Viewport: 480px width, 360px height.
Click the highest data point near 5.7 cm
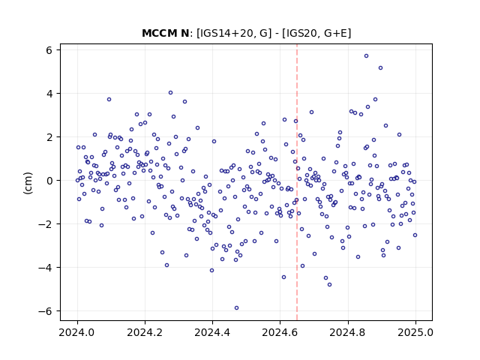coord(366,56)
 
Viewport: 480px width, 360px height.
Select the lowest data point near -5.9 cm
coord(236,308)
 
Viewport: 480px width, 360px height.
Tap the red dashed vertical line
coord(297,182)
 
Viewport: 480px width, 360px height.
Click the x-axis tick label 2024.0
coord(77,332)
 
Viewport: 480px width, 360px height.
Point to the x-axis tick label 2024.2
coord(145,332)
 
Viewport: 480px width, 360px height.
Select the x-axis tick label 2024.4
coord(212,332)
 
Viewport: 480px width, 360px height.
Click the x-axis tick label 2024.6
coord(280,332)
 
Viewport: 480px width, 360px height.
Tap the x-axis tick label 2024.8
coord(348,332)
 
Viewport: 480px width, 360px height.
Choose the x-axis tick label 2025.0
coord(415,332)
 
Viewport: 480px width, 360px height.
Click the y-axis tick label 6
coord(49,50)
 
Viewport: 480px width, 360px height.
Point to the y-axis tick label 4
coord(49,93)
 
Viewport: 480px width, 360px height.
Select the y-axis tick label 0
coord(49,181)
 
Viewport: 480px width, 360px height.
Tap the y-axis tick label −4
coord(45,268)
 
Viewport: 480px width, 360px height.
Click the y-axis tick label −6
coord(45,311)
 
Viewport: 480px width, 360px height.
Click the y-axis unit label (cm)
coord(28,183)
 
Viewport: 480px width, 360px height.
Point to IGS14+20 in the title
coord(224,33)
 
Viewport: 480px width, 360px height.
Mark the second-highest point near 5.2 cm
coord(380,68)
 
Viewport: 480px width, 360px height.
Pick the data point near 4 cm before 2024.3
coord(170,93)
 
